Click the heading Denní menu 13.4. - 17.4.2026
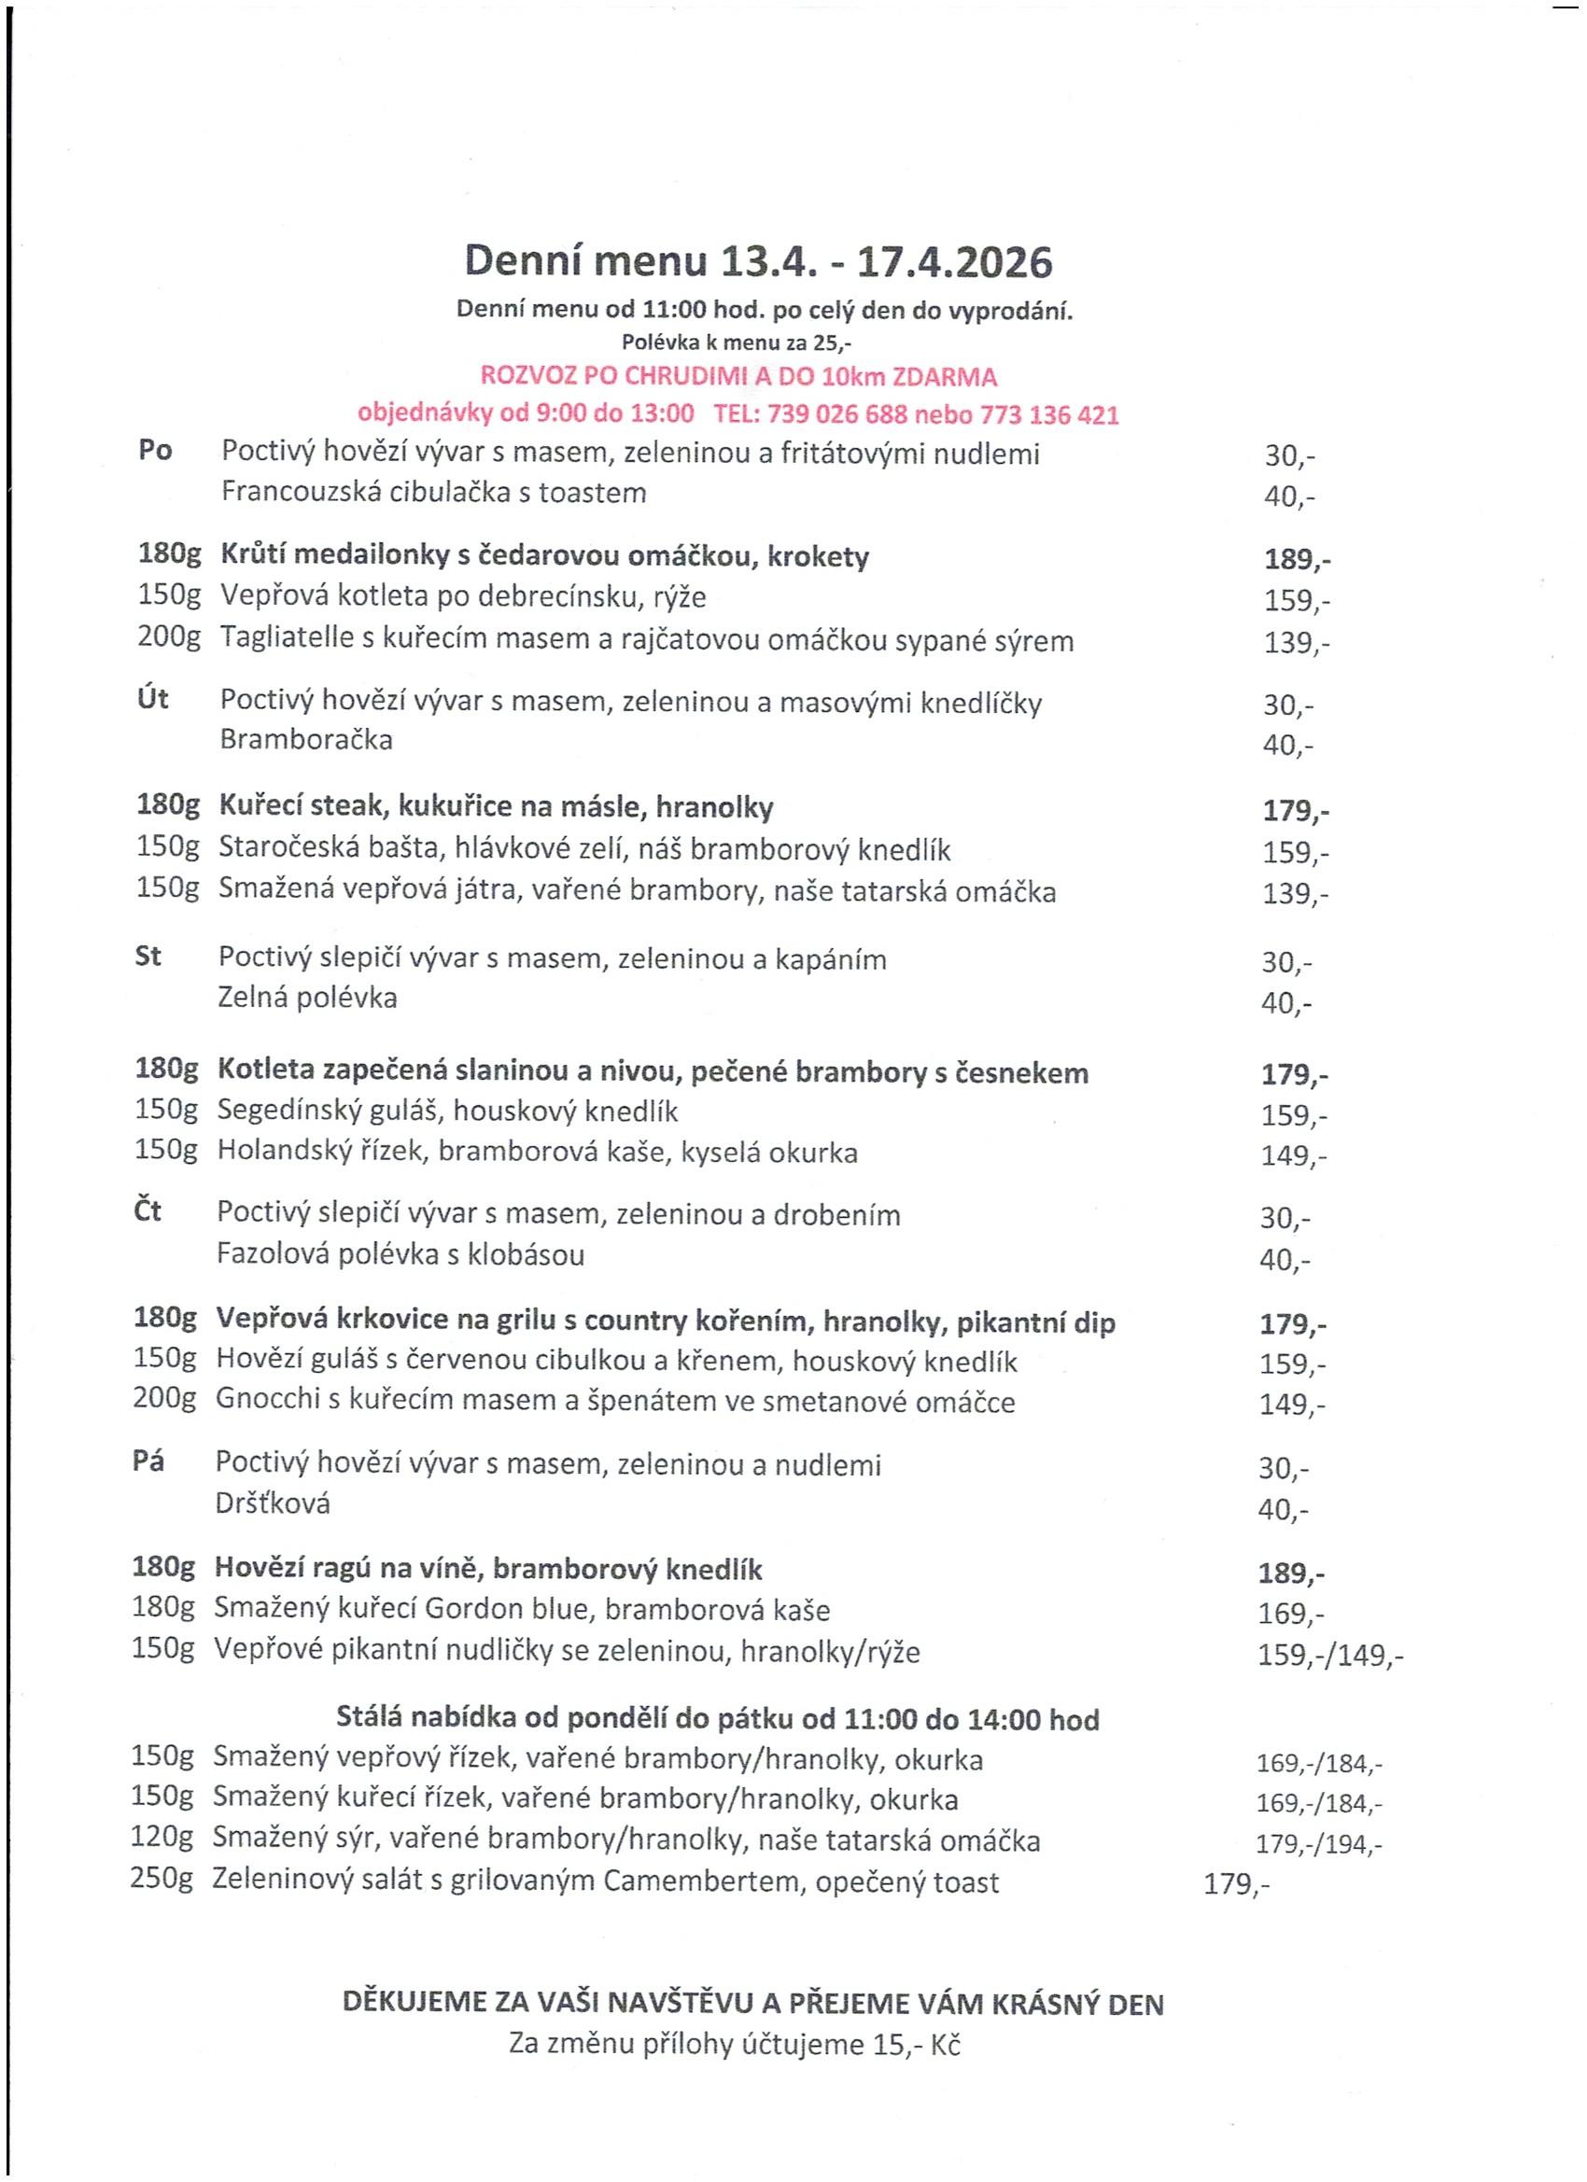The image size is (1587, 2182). [758, 261]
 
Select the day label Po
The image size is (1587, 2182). [155, 450]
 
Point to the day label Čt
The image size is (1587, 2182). [147, 1211]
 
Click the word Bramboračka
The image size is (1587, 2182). [306, 739]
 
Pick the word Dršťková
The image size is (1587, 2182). [273, 1503]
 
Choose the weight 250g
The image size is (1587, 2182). [162, 1881]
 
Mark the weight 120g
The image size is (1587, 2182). [162, 1839]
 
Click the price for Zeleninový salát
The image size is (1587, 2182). [1237, 1884]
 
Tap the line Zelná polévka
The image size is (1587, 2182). [307, 998]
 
